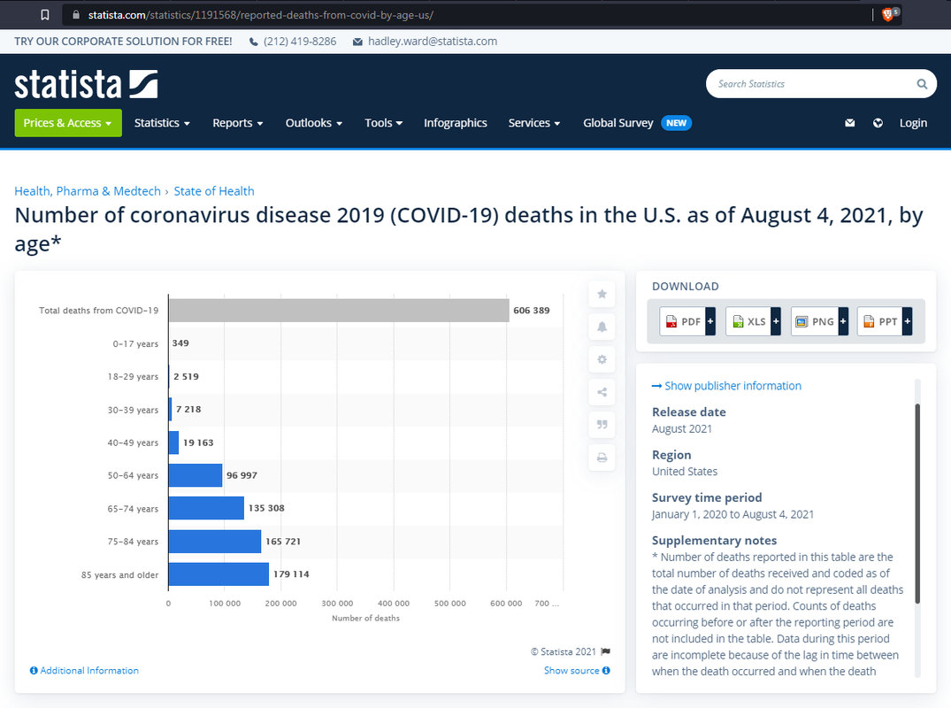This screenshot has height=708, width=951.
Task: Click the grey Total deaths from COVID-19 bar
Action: pyautogui.click(x=338, y=311)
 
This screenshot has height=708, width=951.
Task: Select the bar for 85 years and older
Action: pyautogui.click(x=219, y=574)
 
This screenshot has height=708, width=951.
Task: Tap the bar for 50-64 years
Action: pyautogui.click(x=195, y=475)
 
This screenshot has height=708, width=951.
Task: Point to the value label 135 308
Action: pyautogui.click(x=266, y=508)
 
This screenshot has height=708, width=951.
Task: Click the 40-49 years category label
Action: pyautogui.click(x=134, y=442)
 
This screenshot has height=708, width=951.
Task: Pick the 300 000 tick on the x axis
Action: pyautogui.click(x=337, y=604)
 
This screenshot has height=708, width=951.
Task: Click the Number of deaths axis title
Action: pyautogui.click(x=365, y=618)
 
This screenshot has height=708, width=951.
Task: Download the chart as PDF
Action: pyautogui.click(x=686, y=321)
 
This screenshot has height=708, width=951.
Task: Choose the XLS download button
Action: pyautogui.click(x=752, y=321)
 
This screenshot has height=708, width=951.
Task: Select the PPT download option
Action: pyautogui.click(x=883, y=321)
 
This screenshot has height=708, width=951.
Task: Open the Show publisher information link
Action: pyautogui.click(x=726, y=386)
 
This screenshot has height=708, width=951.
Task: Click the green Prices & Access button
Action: pyautogui.click(x=68, y=123)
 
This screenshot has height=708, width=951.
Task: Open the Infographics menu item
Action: pyautogui.click(x=455, y=123)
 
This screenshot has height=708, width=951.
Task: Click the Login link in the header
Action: pyautogui.click(x=913, y=123)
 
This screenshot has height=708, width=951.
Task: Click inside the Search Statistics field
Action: pyautogui.click(x=809, y=84)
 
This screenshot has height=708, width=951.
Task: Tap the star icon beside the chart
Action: pyautogui.click(x=602, y=294)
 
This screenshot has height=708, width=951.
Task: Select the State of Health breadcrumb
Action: pyautogui.click(x=214, y=191)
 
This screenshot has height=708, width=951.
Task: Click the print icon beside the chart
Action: pyautogui.click(x=602, y=458)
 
